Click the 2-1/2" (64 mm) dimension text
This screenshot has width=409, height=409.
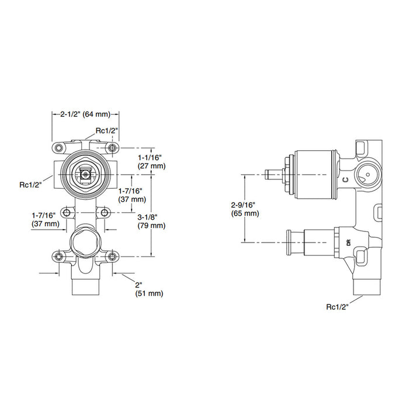pyautogui.click(x=85, y=115)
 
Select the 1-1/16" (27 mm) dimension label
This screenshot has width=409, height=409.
pyautogui.click(x=151, y=162)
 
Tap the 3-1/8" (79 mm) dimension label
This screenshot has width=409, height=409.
pyautogui.click(x=151, y=221)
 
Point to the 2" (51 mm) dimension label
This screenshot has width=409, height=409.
pyautogui.click(x=149, y=289)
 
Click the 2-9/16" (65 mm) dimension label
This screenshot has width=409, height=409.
pyautogui.click(x=245, y=209)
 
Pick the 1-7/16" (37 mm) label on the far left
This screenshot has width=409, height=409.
pyautogui.click(x=46, y=220)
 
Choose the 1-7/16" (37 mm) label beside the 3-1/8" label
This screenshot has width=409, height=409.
pyautogui.click(x=132, y=195)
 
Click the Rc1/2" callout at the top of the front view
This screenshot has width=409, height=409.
pyautogui.click(x=107, y=130)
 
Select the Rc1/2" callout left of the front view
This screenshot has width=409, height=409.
pyautogui.click(x=30, y=185)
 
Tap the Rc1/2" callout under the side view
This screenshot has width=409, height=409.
pyautogui.click(x=337, y=307)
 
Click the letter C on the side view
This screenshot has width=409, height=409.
pyautogui.click(x=345, y=179)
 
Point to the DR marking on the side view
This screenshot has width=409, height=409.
pyautogui.click(x=349, y=242)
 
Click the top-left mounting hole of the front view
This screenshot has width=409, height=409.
pyautogui.click(x=59, y=148)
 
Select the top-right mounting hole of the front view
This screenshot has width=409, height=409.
pyautogui.click(x=112, y=148)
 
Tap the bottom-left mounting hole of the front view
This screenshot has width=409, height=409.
pyautogui.click(x=59, y=257)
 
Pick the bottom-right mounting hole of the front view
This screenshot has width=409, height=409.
pyautogui.click(x=112, y=257)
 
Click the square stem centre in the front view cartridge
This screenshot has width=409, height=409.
pyautogui.click(x=85, y=174)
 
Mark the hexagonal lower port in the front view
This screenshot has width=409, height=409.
pyautogui.click(x=85, y=242)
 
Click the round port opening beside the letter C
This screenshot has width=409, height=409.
pyautogui.click(x=368, y=175)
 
